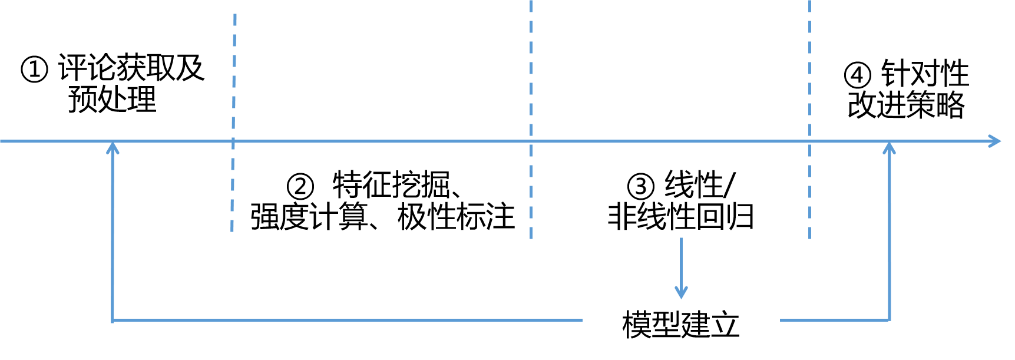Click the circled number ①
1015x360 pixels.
[x=34, y=70]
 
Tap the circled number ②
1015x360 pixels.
[x=300, y=187]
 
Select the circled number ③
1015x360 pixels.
[x=641, y=187]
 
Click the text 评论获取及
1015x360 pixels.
[x=131, y=68]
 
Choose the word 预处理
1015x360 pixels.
[x=112, y=99]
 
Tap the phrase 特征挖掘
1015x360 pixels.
[x=391, y=186]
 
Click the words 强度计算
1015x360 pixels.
[x=309, y=217]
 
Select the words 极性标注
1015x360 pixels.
[x=457, y=217]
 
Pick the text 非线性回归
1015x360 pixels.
[x=681, y=217]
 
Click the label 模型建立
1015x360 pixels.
[x=681, y=325]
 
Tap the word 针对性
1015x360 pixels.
[x=925, y=74]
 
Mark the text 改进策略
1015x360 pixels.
[x=906, y=105]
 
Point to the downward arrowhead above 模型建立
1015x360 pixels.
[x=682, y=292]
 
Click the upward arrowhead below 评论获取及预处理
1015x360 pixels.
[x=113, y=147]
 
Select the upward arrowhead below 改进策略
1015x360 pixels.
[x=890, y=147]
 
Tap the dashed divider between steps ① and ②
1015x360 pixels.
[x=234, y=123]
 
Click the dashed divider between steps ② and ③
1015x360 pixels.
[x=531, y=120]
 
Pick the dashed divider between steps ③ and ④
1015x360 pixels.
[x=810, y=120]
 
